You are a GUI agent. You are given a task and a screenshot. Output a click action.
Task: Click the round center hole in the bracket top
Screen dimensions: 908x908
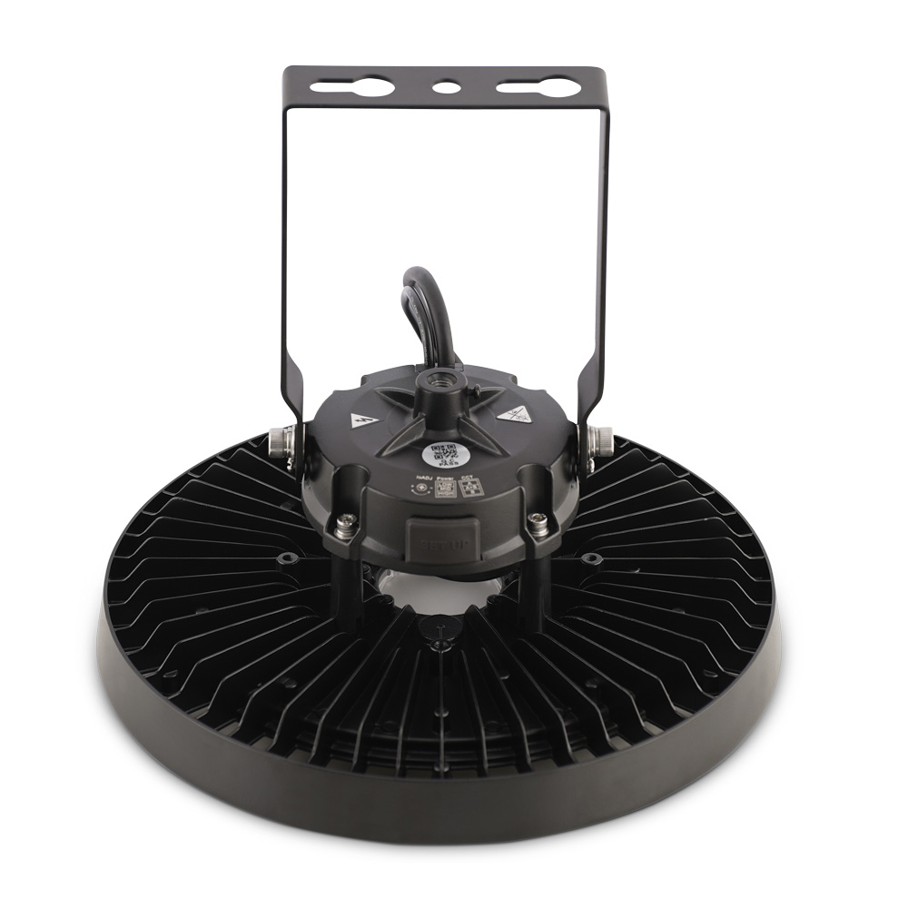click(x=445, y=88)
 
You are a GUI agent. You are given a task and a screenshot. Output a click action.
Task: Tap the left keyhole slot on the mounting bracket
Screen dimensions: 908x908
click(x=353, y=88)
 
